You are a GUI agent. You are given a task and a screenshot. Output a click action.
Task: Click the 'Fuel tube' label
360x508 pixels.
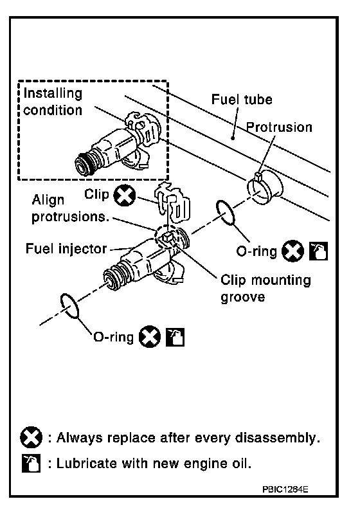click(242, 100)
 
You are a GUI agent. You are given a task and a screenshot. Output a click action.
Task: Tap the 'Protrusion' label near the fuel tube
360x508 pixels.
click(279, 127)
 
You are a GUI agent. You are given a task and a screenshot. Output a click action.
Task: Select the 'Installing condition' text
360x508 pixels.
click(53, 102)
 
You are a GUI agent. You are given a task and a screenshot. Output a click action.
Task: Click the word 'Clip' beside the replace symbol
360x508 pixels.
click(96, 194)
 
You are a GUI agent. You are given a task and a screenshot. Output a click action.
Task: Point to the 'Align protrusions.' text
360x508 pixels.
click(70, 208)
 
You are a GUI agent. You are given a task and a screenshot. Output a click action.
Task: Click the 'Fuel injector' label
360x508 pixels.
click(66, 249)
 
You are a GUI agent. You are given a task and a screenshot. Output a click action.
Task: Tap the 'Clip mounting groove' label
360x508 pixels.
click(265, 288)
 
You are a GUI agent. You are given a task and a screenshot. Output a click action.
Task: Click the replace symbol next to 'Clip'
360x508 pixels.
click(125, 195)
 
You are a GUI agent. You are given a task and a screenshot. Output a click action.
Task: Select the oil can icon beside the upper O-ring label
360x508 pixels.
click(318, 251)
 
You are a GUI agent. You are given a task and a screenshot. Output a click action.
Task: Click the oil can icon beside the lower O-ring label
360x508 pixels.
click(175, 337)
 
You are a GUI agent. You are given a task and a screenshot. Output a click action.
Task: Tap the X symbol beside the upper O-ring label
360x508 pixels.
click(292, 251)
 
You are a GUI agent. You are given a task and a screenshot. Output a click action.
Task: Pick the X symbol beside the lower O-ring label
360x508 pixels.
click(149, 336)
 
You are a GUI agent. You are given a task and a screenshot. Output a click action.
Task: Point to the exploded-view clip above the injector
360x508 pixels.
click(173, 203)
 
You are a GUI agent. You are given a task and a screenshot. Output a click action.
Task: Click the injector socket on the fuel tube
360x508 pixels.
click(265, 187)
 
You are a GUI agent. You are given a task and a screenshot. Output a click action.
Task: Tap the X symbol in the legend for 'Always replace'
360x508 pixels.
click(31, 437)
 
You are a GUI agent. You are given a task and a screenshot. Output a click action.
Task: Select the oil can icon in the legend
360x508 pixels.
click(31, 463)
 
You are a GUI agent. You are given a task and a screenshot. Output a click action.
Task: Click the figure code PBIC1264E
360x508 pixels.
click(285, 489)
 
